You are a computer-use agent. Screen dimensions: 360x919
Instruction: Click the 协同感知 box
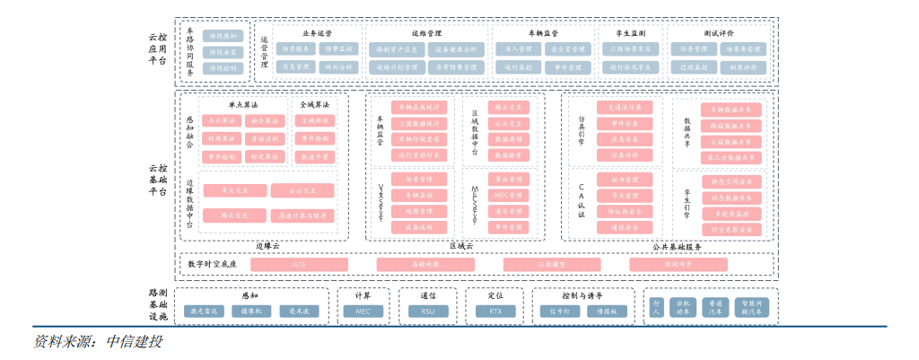point(223,36)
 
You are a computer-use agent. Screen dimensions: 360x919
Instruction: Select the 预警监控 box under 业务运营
point(339,48)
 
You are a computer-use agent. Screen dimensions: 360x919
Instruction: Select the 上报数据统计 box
point(419,123)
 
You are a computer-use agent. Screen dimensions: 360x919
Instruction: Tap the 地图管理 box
point(419,211)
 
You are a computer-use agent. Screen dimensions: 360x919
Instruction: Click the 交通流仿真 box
point(625,107)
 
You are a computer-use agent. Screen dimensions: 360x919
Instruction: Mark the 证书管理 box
point(625,180)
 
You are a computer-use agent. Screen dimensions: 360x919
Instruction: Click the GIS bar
point(298,264)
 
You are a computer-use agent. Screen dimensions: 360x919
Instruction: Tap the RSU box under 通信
point(427,311)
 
